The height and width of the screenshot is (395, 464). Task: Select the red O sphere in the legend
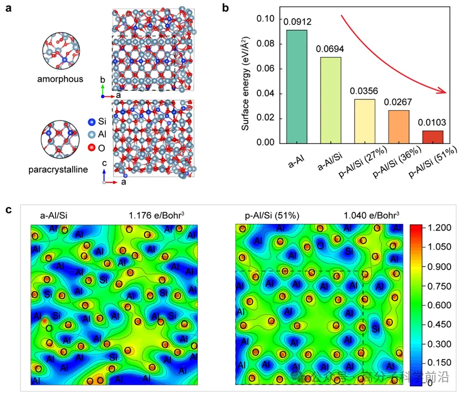tap(91, 148)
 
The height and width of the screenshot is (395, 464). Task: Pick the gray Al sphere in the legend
tap(91, 134)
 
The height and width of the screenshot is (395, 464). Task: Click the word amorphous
tap(61, 79)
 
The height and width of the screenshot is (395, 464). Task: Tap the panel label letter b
tap(225, 8)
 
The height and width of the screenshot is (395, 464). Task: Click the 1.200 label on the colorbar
tap(441, 227)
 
